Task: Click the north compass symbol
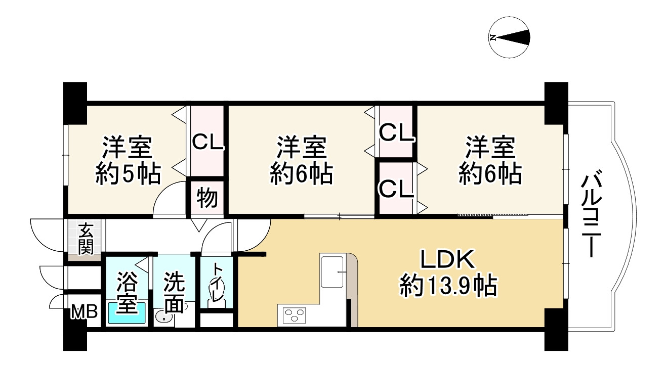[510, 37]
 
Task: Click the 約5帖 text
[128, 174]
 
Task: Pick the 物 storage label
[207, 198]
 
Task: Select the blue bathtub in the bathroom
[127, 313]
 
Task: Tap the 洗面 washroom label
[174, 292]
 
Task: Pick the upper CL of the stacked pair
[397, 134]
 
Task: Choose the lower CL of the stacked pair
[397, 190]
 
